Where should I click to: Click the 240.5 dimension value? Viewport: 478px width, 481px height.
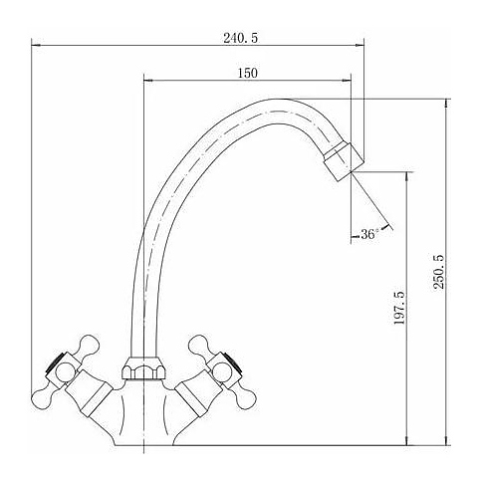click(x=240, y=38)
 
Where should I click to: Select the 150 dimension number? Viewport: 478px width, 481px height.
click(x=248, y=73)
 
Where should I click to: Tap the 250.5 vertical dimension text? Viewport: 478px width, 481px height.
click(x=438, y=271)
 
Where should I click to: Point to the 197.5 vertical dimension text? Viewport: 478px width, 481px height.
click(x=398, y=308)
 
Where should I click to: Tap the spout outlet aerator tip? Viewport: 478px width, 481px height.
click(x=345, y=161)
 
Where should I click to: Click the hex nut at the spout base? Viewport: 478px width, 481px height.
click(x=143, y=368)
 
